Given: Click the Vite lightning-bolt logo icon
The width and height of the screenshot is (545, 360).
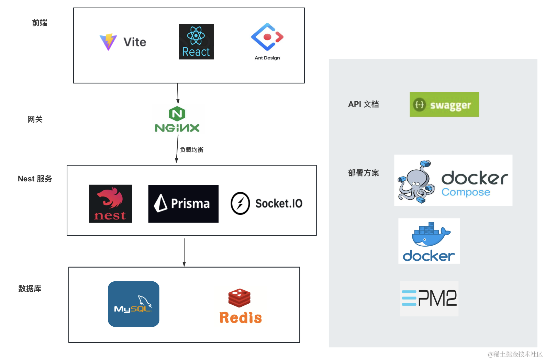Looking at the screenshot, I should pyautogui.click(x=108, y=42).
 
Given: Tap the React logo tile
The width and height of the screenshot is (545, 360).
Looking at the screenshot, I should pyautogui.click(x=196, y=42).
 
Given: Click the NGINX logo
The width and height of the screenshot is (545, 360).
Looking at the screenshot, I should pyautogui.click(x=177, y=120).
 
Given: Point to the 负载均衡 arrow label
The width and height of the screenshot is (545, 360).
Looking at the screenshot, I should pyautogui.click(x=192, y=150).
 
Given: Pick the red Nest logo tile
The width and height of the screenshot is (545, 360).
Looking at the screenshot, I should pyautogui.click(x=110, y=204).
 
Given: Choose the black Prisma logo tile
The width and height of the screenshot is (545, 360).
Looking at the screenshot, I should pyautogui.click(x=183, y=204).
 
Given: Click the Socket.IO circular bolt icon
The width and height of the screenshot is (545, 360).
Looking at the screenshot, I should pyautogui.click(x=240, y=203).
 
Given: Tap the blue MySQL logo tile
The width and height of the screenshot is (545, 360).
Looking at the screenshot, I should pyautogui.click(x=134, y=304).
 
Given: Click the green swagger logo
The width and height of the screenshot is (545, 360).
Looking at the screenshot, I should pyautogui.click(x=444, y=104).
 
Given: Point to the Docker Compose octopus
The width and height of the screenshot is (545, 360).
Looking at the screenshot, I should pyautogui.click(x=416, y=181).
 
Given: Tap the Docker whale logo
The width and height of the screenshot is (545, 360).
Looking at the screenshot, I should pyautogui.click(x=429, y=241).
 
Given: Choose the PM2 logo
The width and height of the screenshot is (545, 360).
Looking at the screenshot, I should pyautogui.click(x=429, y=299).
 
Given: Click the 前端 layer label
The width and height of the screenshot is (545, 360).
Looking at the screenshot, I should pyautogui.click(x=40, y=23).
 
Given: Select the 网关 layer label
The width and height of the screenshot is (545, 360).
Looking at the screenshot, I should pyautogui.click(x=35, y=120).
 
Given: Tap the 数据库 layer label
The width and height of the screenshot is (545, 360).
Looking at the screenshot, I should pyautogui.click(x=30, y=289).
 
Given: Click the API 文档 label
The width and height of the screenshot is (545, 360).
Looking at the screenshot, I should pyautogui.click(x=363, y=104).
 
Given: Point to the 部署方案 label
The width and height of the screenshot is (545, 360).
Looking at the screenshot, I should pyautogui.click(x=363, y=173).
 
